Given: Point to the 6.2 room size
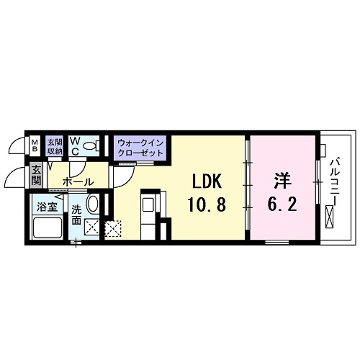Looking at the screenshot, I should pyautogui.click(x=281, y=205).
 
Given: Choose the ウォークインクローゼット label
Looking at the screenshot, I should pyautogui.click(x=142, y=149).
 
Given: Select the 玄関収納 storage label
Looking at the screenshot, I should pyautogui.click(x=55, y=146).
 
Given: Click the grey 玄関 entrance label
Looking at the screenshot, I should pyautogui.click(x=36, y=174).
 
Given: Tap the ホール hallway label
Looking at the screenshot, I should pyautogui.click(x=76, y=183).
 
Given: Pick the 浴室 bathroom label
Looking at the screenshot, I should pyautogui.click(x=47, y=207).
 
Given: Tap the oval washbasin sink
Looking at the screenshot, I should pyautogui.click(x=93, y=204).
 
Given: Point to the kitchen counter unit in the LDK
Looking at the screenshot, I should pyautogui.click(x=150, y=215).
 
